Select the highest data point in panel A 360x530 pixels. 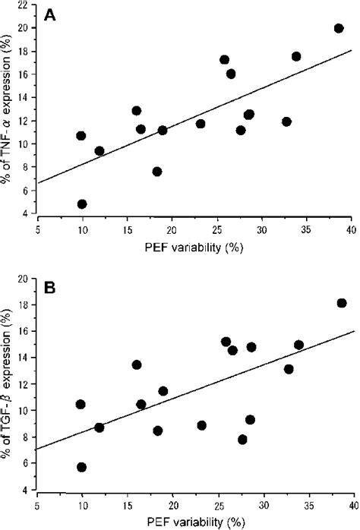339,28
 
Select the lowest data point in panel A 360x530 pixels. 82,204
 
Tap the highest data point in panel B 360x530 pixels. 342,303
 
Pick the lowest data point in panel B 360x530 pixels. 82,467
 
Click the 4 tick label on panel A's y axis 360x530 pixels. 27,216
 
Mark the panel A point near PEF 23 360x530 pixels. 201,124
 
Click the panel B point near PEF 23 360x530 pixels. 201,425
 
